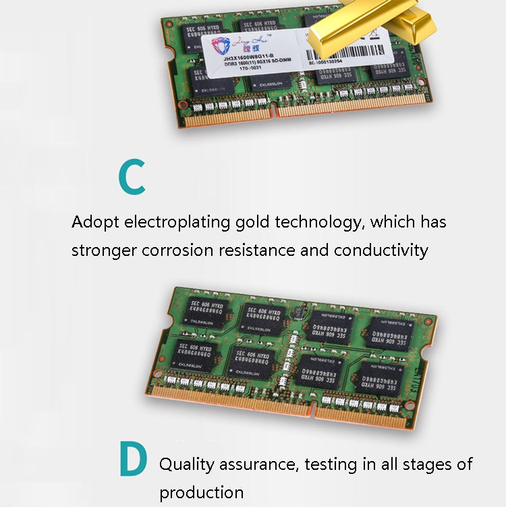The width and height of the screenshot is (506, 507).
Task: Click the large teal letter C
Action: coord(132,177)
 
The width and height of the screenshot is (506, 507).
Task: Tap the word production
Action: coord(201,492)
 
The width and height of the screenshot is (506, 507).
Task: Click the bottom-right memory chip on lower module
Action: coord(383,375)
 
